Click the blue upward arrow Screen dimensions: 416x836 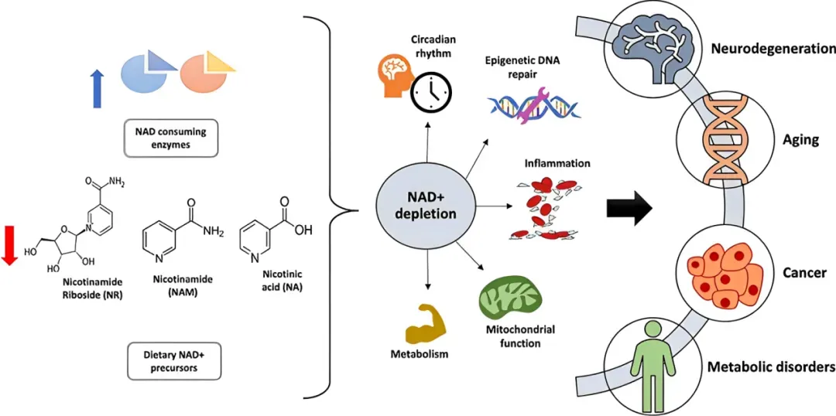pyautogui.click(x=97, y=87)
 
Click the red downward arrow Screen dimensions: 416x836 pyautogui.click(x=9, y=244)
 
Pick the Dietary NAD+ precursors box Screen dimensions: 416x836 pyautogui.click(x=173, y=360)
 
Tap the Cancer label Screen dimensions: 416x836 pyautogui.click(x=809, y=272)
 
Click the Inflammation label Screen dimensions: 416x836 pyautogui.click(x=557, y=163)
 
